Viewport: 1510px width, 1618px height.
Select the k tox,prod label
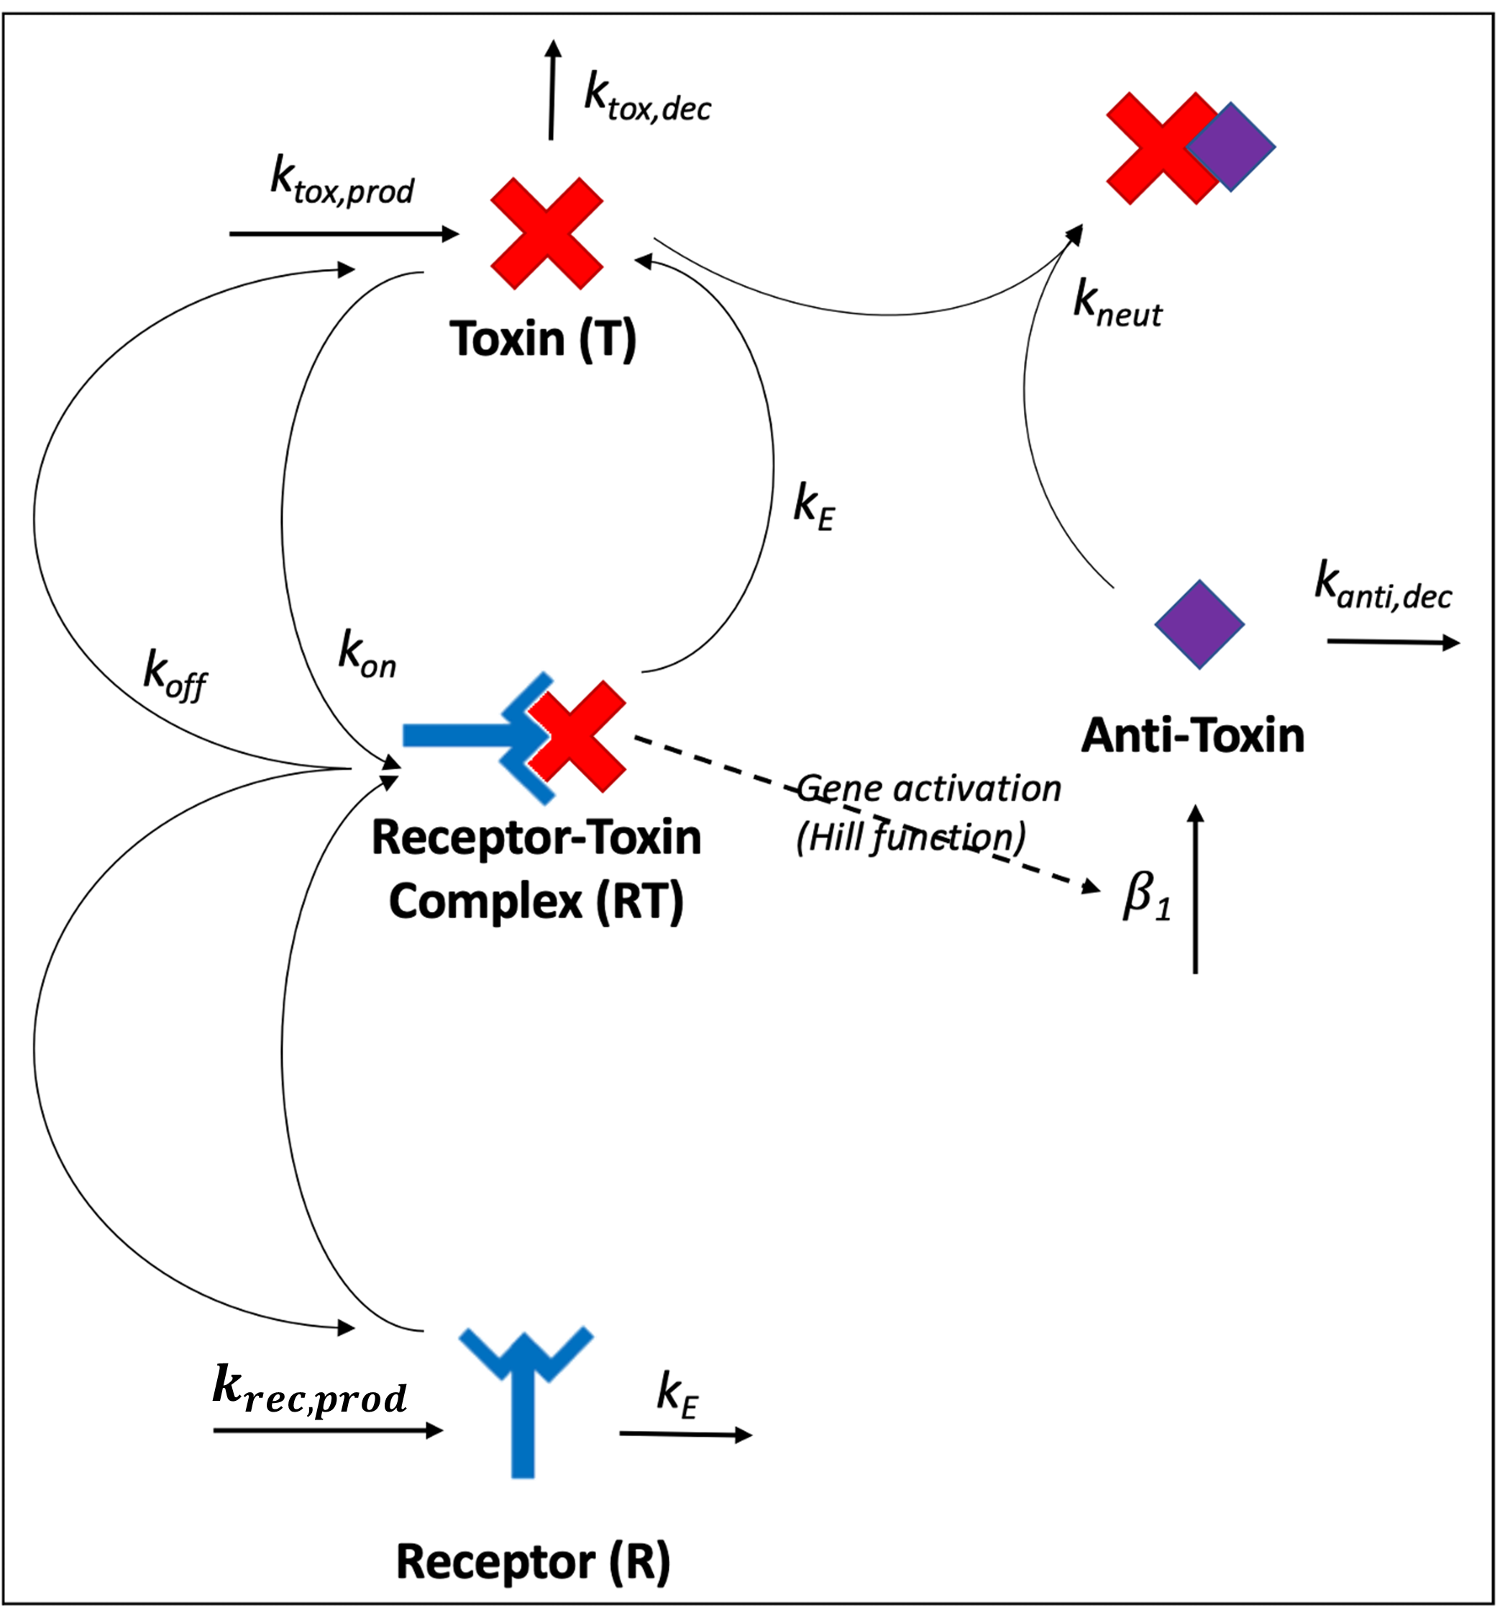point(342,180)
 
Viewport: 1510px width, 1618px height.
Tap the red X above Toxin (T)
point(547,234)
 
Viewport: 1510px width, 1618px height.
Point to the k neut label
point(1117,304)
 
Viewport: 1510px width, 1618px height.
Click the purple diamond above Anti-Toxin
point(1199,624)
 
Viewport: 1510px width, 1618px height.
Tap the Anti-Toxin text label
point(1192,735)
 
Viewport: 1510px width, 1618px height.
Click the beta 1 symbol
point(1146,897)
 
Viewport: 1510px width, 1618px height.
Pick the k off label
point(175,675)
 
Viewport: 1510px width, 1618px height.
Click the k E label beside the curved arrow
point(814,506)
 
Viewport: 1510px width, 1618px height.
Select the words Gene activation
point(929,788)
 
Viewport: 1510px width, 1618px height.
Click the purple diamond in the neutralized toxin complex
point(1230,147)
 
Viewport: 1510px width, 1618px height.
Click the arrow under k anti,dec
point(1393,643)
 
